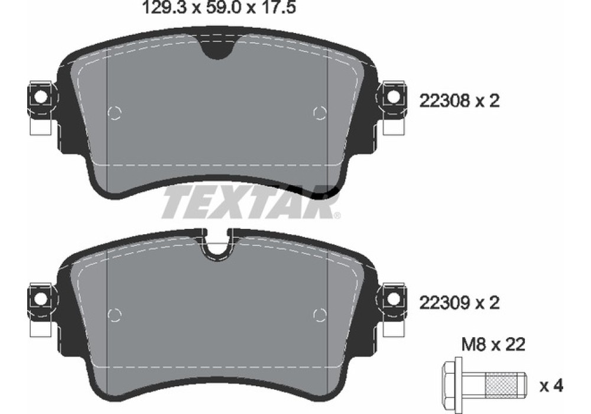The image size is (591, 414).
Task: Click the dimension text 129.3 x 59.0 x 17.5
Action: (x=219, y=7)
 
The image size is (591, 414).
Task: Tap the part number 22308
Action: (x=444, y=101)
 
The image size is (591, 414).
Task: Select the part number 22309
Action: (x=444, y=302)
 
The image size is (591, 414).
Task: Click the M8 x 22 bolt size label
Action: (x=493, y=344)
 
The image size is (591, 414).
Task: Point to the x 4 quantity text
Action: (x=551, y=386)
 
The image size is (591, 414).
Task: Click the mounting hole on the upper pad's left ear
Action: (x=39, y=97)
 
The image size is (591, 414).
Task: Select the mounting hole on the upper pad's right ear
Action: (x=394, y=97)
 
